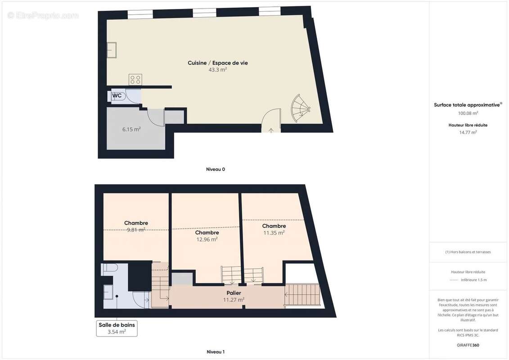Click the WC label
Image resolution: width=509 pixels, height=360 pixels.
click(117, 96)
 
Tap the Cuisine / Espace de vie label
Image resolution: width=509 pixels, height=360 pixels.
click(218, 63)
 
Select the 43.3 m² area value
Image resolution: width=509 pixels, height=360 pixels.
click(218, 70)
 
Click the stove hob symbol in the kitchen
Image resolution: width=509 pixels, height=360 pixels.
click(135, 80)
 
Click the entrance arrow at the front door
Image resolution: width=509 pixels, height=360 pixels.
click(271, 130)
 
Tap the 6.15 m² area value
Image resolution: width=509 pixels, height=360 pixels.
click(131, 129)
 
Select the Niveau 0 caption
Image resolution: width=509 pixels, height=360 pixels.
click(215, 170)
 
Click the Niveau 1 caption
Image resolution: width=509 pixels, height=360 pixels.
click(215, 352)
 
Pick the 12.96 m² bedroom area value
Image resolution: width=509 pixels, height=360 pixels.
click(207, 239)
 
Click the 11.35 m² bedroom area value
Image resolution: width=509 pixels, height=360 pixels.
click(274, 233)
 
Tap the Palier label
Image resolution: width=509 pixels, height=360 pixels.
click(234, 293)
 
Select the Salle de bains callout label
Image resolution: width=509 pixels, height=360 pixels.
click(117, 325)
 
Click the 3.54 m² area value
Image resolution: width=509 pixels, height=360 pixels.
click(117, 332)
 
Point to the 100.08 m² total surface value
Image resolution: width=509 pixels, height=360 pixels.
click(468, 113)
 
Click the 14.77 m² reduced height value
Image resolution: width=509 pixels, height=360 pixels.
click(468, 132)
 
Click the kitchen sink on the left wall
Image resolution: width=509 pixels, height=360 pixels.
click(112, 50)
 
